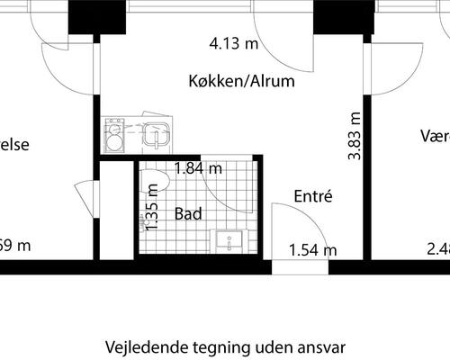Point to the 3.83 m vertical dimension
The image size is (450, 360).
(354, 136)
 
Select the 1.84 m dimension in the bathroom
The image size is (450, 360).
(199, 167)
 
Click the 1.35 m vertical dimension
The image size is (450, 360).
(153, 208)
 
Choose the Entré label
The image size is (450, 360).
(314, 195)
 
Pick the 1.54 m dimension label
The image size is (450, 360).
(312, 248)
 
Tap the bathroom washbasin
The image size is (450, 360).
(231, 241)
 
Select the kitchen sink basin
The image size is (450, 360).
(157, 136)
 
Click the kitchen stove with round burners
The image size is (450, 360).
(115, 136)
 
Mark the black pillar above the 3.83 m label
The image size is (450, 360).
(343, 17)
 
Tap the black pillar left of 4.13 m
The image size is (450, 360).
(97, 17)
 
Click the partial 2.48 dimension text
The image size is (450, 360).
(438, 248)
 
